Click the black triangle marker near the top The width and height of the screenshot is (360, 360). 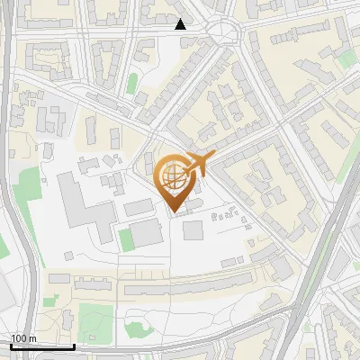click(181, 24)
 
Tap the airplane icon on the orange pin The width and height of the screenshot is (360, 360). click(196, 163)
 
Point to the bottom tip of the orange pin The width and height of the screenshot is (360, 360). click(175, 213)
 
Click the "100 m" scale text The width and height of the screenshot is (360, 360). click(23, 338)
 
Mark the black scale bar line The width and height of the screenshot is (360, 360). click(41, 346)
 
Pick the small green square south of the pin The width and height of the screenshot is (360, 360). click(126, 238)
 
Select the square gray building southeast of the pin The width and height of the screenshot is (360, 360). click(193, 230)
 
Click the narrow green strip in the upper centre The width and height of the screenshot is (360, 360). click(132, 84)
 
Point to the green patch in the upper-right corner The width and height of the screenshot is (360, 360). click(347, 59)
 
